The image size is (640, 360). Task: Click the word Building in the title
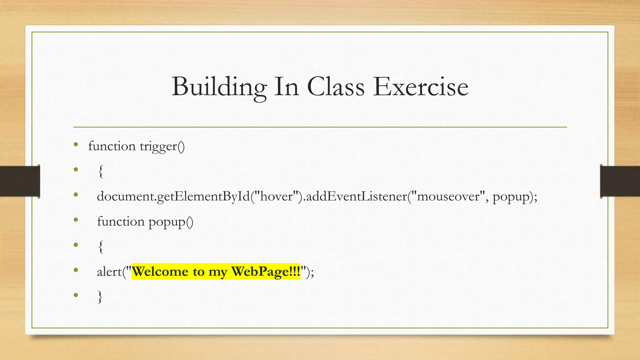tap(219, 87)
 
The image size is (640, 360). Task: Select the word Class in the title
tap(336, 87)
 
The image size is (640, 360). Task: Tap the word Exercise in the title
tap(421, 87)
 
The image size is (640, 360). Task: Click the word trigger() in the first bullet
tap(162, 146)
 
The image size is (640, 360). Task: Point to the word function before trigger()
tap(112, 146)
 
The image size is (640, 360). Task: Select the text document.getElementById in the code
tap(173, 197)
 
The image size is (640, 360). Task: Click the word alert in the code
tap(109, 272)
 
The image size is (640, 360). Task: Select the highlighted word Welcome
tap(160, 272)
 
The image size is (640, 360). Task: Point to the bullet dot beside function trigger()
tap(76, 144)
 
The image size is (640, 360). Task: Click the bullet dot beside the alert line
tap(76, 270)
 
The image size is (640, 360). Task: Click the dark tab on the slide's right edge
tap(620, 181)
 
